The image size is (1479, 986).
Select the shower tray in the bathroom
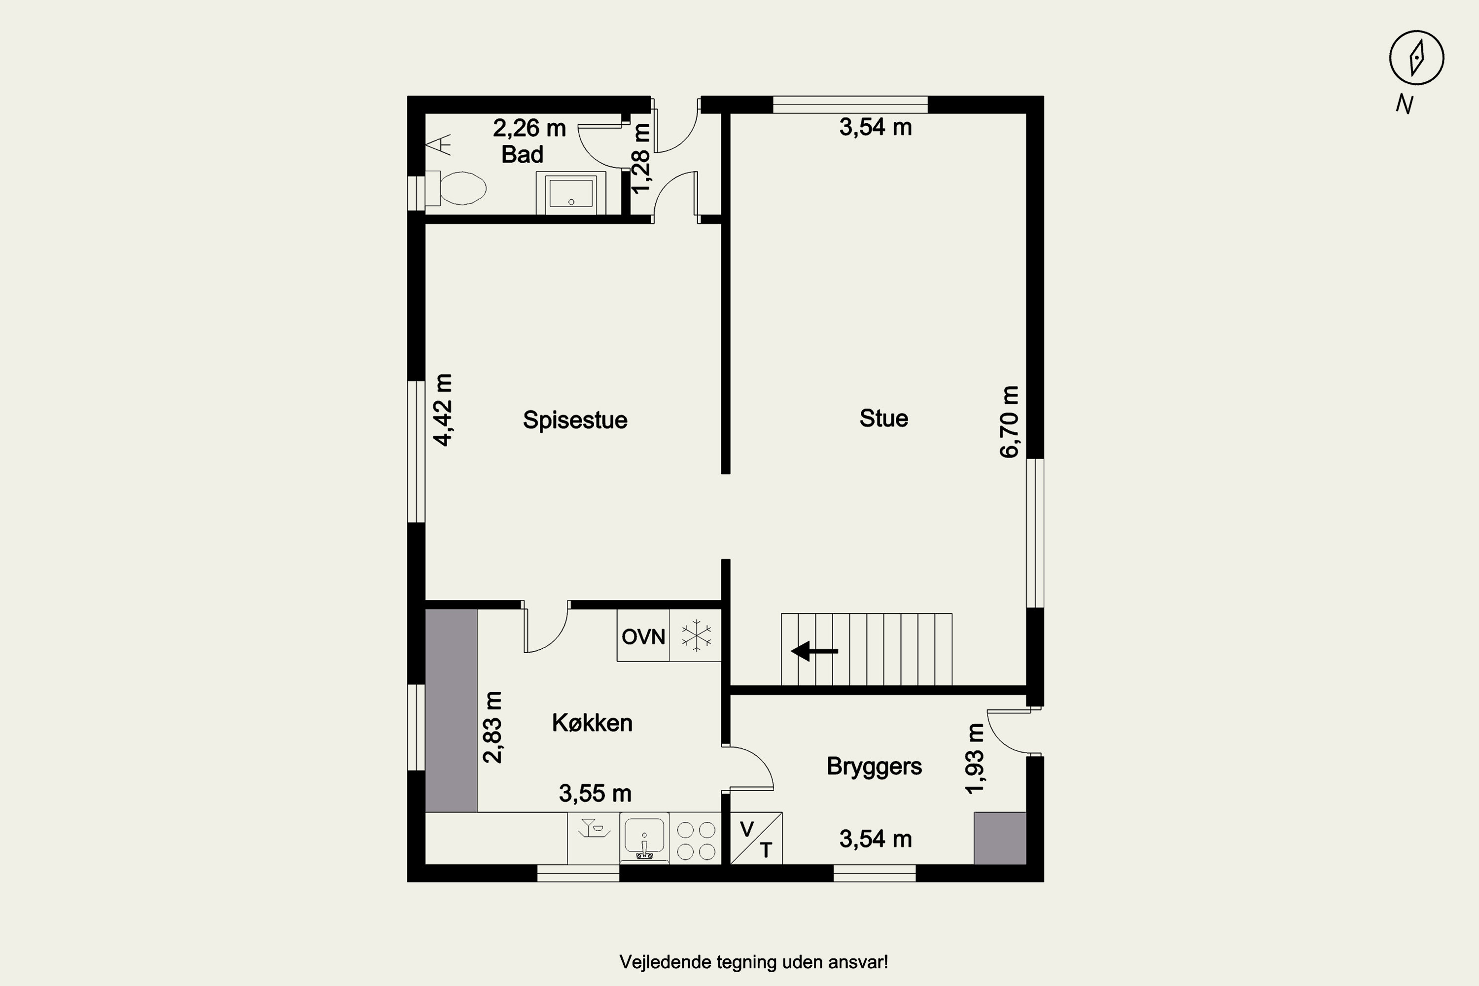pyautogui.click(x=571, y=192)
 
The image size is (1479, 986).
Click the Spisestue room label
pyautogui.click(x=575, y=420)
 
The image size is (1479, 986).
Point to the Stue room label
pyautogui.click(x=883, y=418)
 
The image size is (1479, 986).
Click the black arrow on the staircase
pyautogui.click(x=814, y=651)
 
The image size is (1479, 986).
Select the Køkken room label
pyautogui.click(x=592, y=723)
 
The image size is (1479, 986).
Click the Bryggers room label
pyautogui.click(x=874, y=767)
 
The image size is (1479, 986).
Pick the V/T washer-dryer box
pyautogui.click(x=756, y=838)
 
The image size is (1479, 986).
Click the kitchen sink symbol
pyautogui.click(x=644, y=838)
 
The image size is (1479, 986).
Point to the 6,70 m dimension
pyautogui.click(x=1009, y=422)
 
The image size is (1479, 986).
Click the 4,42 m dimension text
pyautogui.click(x=443, y=410)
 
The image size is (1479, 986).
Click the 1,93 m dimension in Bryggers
pyautogui.click(x=975, y=758)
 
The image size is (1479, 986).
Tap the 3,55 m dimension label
pyautogui.click(x=595, y=794)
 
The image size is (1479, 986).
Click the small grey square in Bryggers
pyautogui.click(x=1000, y=838)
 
